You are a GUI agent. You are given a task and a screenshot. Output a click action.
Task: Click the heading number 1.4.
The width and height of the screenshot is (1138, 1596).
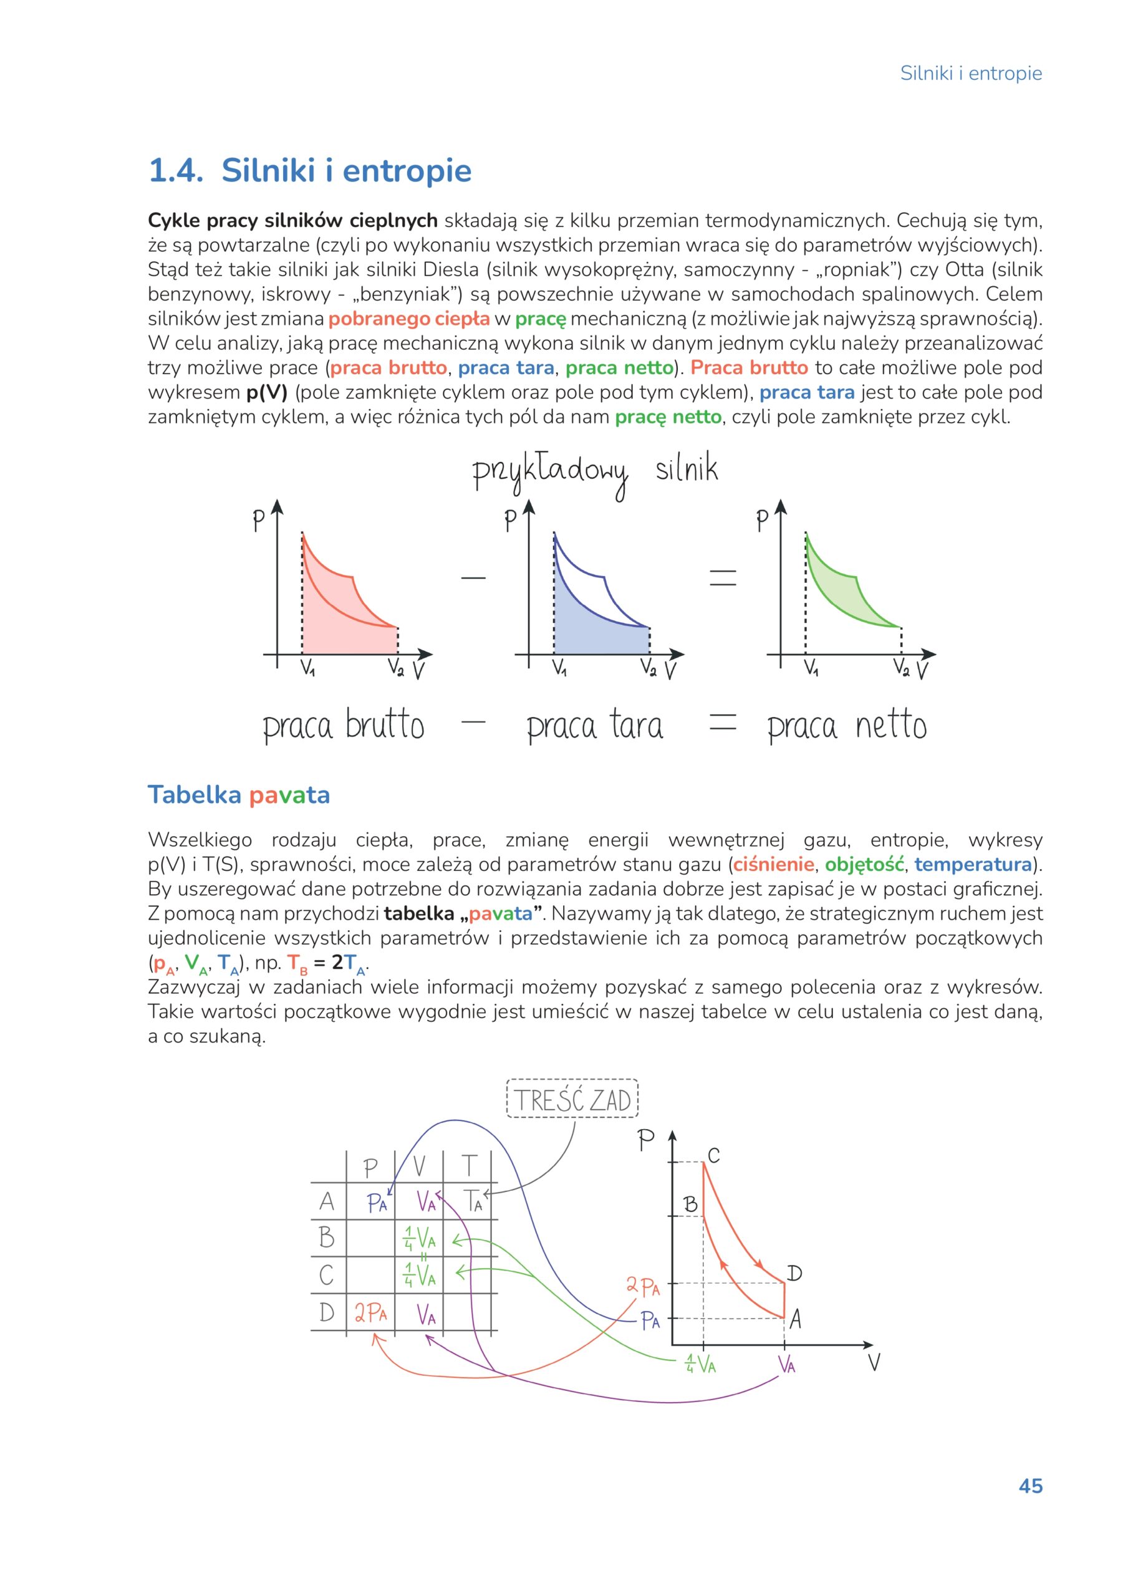coord(175,171)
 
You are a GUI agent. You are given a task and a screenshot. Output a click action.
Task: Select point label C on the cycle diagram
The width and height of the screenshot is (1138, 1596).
coord(713,1155)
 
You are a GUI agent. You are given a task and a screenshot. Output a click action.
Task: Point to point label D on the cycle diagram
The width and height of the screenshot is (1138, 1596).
coord(793,1273)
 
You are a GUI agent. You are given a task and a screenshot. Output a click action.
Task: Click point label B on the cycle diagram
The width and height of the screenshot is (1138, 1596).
coord(690,1204)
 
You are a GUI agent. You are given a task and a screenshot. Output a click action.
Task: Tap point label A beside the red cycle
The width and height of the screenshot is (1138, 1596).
coord(795,1320)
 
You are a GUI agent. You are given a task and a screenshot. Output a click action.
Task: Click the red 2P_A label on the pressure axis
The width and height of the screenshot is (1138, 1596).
coord(642,1286)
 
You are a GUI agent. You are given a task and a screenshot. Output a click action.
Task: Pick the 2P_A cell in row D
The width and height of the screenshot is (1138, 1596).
coord(370,1312)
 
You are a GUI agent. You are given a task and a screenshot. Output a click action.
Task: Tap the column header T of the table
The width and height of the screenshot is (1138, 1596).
coord(468,1165)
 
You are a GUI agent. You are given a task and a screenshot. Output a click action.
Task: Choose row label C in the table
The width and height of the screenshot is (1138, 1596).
coord(327,1275)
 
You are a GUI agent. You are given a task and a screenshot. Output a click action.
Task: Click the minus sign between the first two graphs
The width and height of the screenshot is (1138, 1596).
coord(473,578)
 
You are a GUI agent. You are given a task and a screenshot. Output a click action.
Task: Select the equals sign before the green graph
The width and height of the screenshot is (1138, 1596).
coord(723,578)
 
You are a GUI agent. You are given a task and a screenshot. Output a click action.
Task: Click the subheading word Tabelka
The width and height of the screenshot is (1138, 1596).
coord(195,796)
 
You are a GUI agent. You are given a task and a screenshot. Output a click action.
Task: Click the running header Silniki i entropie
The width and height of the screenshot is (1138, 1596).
coord(970,74)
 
